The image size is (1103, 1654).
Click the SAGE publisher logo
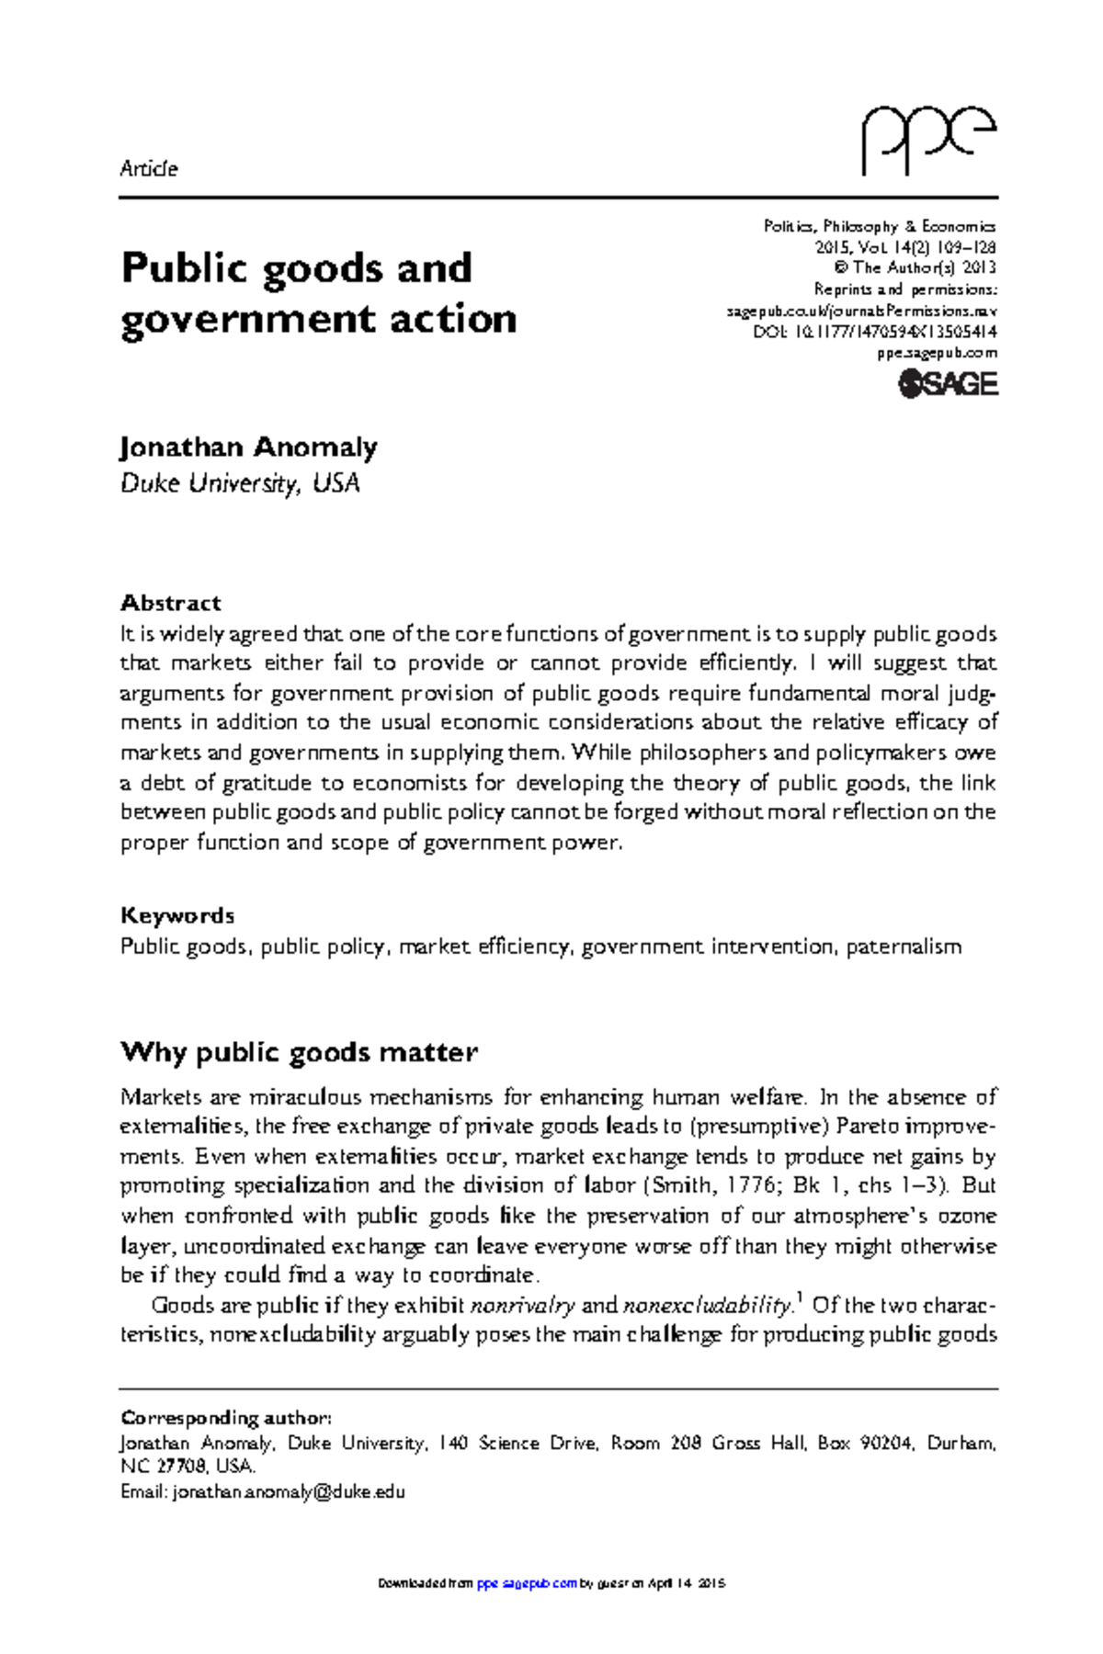pyautogui.click(x=948, y=384)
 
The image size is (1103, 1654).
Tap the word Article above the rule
pyautogui.click(x=149, y=169)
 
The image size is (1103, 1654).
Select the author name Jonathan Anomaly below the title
pyautogui.click(x=248, y=447)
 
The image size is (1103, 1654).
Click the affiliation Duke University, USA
pyautogui.click(x=240, y=483)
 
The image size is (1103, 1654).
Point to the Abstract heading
pyautogui.click(x=170, y=603)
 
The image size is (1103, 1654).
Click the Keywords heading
pyautogui.click(x=177, y=915)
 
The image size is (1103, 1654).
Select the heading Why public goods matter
pyautogui.click(x=299, y=1052)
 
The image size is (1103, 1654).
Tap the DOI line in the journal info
pyautogui.click(x=875, y=332)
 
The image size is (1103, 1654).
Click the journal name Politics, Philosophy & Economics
pyautogui.click(x=880, y=226)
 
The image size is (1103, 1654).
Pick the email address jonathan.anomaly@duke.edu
pyautogui.click(x=289, y=1491)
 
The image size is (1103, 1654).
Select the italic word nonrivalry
pyautogui.click(x=522, y=1306)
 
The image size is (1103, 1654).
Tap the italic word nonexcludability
pyautogui.click(x=707, y=1306)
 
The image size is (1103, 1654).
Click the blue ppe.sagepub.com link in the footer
pyautogui.click(x=527, y=1583)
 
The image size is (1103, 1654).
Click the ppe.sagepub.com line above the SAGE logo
pyautogui.click(x=937, y=353)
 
